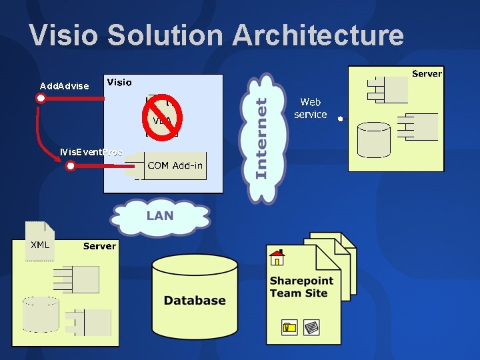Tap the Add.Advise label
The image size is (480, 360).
[x=64, y=86]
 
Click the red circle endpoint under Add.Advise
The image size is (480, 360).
[x=41, y=99]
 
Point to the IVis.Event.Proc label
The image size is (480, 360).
[x=91, y=152]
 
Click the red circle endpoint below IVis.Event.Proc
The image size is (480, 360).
[x=71, y=165]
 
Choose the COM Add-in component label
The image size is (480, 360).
[x=175, y=165]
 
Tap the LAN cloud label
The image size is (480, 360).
[x=160, y=215]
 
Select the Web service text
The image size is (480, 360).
[x=311, y=108]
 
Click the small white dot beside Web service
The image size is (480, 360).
[x=340, y=119]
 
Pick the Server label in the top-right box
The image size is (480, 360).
[x=427, y=73]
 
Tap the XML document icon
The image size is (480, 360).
[x=39, y=241]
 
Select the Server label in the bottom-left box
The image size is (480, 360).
[x=99, y=246]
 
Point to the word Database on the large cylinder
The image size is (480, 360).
[x=195, y=301]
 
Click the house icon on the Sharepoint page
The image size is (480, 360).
[x=277, y=257]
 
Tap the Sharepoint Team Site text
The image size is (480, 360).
[x=301, y=287]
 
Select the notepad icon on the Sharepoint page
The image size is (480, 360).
[x=311, y=327]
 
